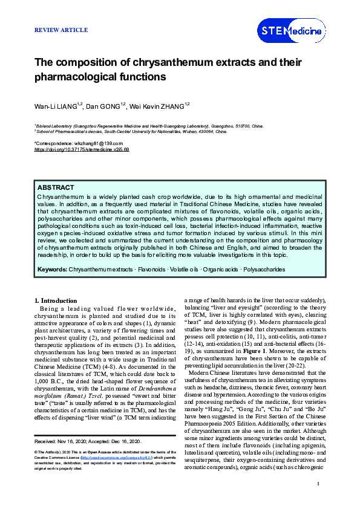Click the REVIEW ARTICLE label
point(61,30)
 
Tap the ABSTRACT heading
point(56,189)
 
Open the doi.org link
point(82,149)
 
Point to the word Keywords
point(52,269)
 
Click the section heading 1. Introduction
point(55,300)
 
